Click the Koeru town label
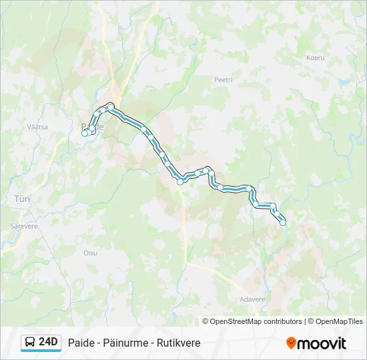click(x=316, y=58)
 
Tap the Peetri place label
click(x=223, y=79)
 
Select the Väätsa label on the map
click(x=37, y=127)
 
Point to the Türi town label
click(x=23, y=199)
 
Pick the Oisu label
click(x=90, y=253)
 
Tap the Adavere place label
click(x=252, y=299)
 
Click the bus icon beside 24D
click(x=30, y=343)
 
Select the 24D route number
click(x=49, y=343)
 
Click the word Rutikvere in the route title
click(x=177, y=343)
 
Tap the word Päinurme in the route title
click(x=125, y=343)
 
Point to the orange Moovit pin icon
click(x=291, y=343)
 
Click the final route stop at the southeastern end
click(x=283, y=223)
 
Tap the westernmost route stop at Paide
click(x=85, y=133)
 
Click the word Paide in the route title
click(x=81, y=343)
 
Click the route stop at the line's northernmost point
click(x=111, y=105)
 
